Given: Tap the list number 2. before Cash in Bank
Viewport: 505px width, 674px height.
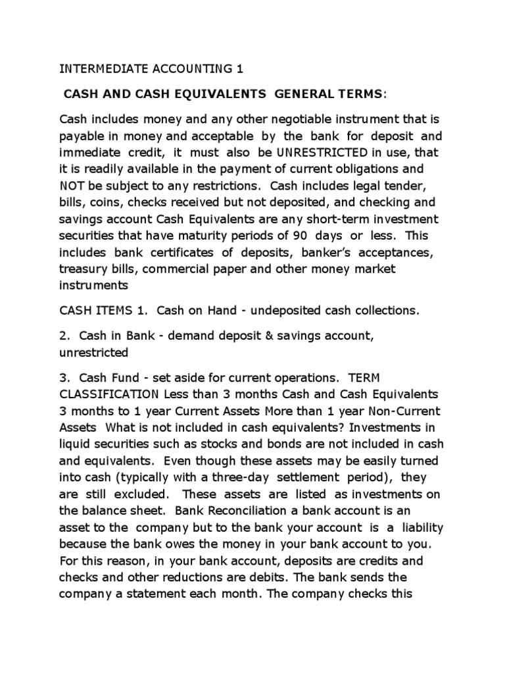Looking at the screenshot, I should (64, 336).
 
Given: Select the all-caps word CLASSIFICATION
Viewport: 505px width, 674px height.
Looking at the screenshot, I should (107, 394).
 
